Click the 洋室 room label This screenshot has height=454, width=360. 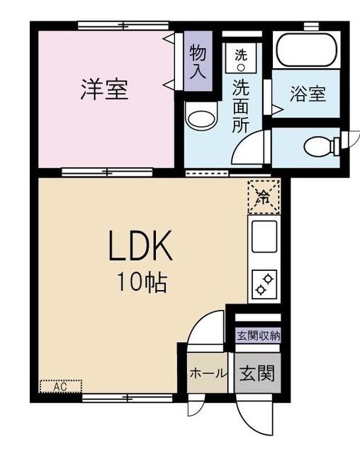[x=104, y=90]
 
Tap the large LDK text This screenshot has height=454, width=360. [x=140, y=248]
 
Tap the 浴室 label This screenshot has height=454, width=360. [x=308, y=94]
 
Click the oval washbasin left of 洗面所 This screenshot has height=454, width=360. [x=201, y=118]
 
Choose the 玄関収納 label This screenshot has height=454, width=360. [x=258, y=336]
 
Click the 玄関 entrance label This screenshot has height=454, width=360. [x=257, y=372]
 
